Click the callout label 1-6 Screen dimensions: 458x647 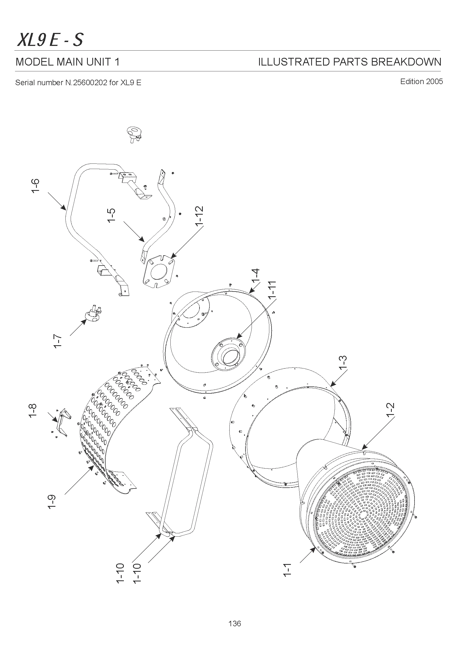[35, 186]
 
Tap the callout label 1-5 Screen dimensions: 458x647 [112, 215]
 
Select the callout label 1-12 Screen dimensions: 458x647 [199, 216]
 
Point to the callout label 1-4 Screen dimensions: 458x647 [256, 276]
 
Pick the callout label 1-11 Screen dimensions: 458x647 [272, 290]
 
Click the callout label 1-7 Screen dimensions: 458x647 [57, 341]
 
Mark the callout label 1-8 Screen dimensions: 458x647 [33, 410]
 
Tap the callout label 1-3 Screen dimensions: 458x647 [342, 363]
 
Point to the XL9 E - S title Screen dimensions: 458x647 [50, 40]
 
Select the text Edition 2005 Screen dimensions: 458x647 [421, 82]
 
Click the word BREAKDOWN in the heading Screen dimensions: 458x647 [406, 62]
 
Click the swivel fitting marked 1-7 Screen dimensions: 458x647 [92, 314]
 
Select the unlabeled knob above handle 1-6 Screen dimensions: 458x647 [134, 134]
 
